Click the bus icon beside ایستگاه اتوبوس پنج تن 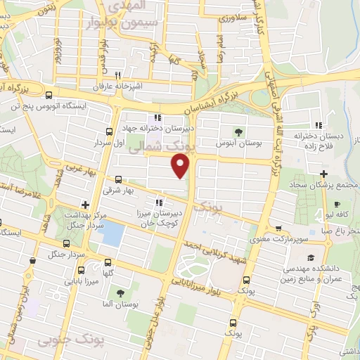point(49,96)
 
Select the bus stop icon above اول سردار point(109,131)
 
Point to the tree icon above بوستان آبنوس point(240,131)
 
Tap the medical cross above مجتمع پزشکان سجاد point(323,174)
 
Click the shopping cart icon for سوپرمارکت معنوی point(279,229)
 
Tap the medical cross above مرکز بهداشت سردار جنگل point(86,205)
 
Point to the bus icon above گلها point(109,262)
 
